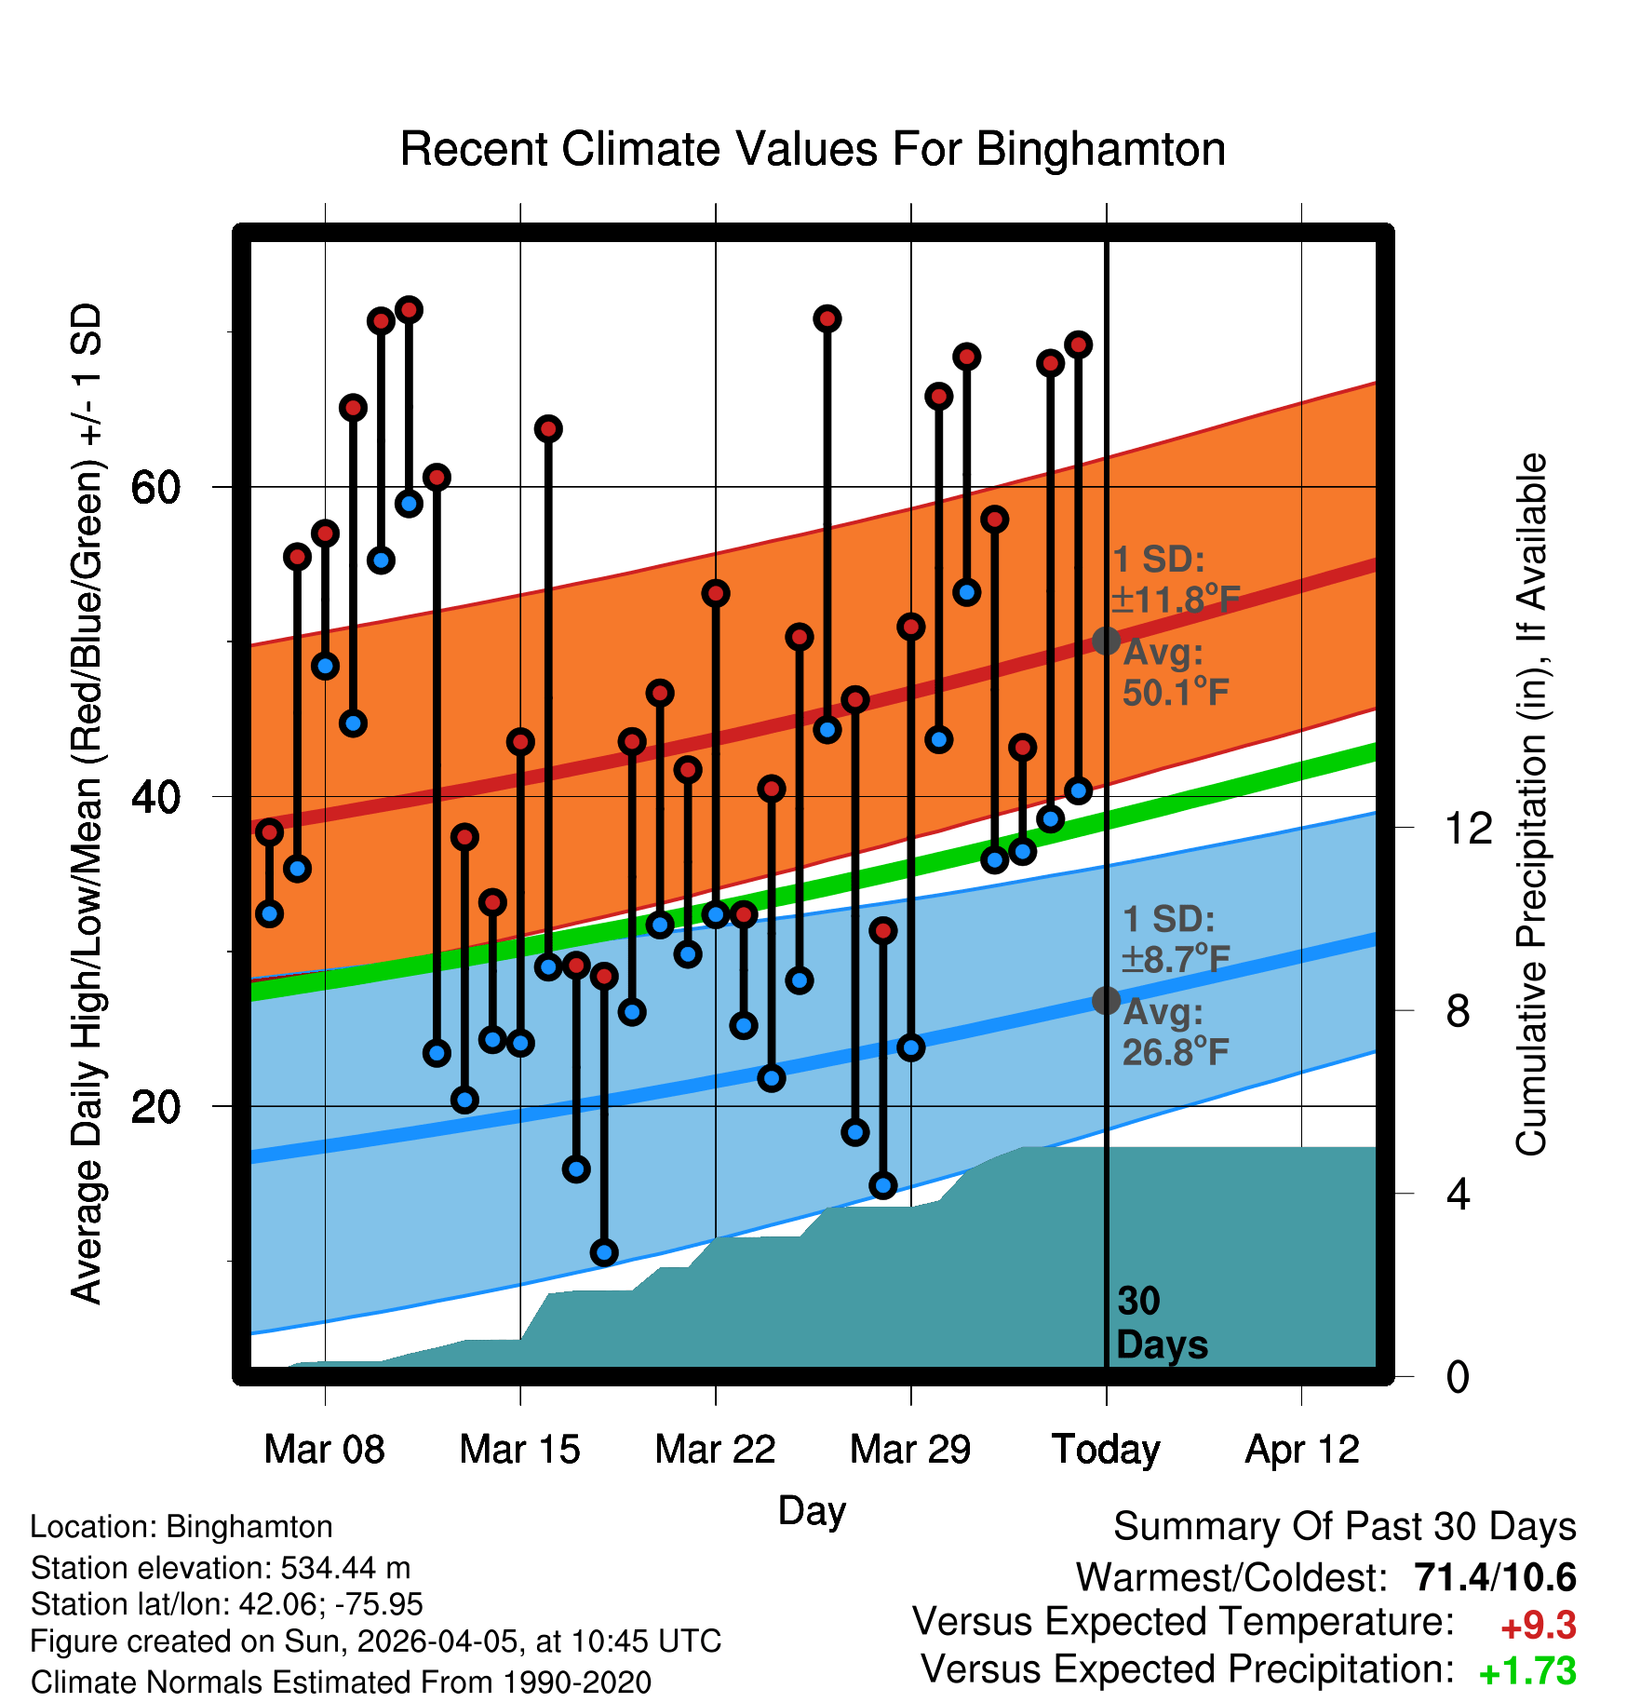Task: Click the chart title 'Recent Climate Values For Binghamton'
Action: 813,149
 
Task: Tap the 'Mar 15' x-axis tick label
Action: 519,1450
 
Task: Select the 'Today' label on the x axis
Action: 1106,1450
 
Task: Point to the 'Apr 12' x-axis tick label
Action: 1302,1450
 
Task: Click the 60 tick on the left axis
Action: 155,487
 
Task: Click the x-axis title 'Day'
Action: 812,1510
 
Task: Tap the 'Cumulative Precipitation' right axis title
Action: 1531,804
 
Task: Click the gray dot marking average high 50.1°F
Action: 1106,641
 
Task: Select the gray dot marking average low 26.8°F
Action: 1106,1001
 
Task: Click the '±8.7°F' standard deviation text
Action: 1176,958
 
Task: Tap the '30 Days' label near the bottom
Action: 1161,1323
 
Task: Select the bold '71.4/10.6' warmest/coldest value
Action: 1495,1577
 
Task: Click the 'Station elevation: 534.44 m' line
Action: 221,1568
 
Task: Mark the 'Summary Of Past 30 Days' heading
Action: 1344,1527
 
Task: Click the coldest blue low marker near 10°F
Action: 604,1252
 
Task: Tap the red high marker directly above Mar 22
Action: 716,593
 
